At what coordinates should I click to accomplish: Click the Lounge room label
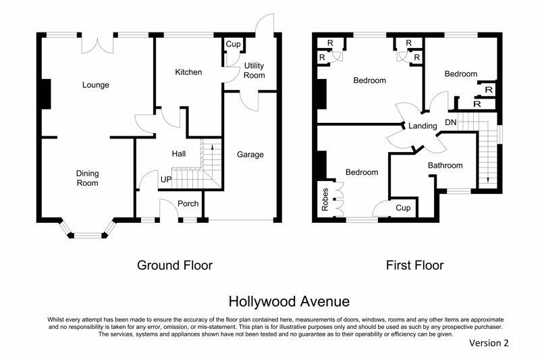(95, 84)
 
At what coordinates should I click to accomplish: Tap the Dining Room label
(88, 178)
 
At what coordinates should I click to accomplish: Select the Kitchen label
(188, 72)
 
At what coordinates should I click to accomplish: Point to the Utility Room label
(254, 70)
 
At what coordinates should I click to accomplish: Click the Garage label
(250, 155)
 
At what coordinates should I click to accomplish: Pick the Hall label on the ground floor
(179, 153)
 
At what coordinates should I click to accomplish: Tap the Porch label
(188, 203)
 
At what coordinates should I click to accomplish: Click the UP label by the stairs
(166, 180)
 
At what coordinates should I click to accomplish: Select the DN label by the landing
(451, 122)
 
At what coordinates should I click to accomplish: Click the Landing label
(423, 126)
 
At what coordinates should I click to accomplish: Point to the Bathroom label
(446, 165)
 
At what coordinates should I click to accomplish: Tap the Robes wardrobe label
(325, 199)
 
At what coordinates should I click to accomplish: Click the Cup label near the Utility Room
(233, 44)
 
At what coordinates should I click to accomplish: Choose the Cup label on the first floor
(403, 208)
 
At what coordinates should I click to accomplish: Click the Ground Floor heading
(175, 265)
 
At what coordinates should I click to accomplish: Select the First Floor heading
(414, 265)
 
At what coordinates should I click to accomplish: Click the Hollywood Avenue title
(290, 301)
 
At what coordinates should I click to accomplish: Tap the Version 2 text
(489, 342)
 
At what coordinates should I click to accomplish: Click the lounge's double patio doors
(97, 45)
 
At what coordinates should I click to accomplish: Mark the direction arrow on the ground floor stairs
(212, 147)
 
